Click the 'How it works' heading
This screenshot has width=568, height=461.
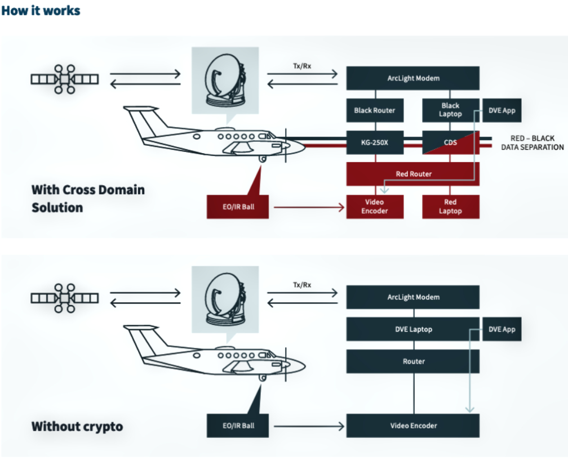click(41, 11)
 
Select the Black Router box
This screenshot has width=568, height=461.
click(375, 110)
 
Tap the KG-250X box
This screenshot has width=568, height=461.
click(375, 142)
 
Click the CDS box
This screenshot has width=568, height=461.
click(450, 142)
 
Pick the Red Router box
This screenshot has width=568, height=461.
click(413, 174)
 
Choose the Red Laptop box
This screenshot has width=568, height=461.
click(450, 207)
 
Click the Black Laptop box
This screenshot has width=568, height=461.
click(450, 110)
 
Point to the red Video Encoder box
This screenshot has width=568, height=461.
click(375, 207)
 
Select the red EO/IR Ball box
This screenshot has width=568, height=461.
click(239, 207)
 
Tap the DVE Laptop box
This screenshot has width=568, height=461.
click(413, 329)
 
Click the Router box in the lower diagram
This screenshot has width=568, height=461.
click(413, 361)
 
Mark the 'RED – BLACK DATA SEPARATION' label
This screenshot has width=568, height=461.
click(532, 142)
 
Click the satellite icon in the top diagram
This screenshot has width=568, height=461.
click(65, 79)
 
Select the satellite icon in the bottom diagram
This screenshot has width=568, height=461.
click(65, 298)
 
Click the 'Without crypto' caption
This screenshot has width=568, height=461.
click(77, 426)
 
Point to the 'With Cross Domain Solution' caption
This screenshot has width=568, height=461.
click(88, 198)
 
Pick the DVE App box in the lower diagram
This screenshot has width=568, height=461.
click(502, 329)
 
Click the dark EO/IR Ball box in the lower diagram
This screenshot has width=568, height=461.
click(239, 426)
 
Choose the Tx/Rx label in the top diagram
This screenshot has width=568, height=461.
click(302, 66)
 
